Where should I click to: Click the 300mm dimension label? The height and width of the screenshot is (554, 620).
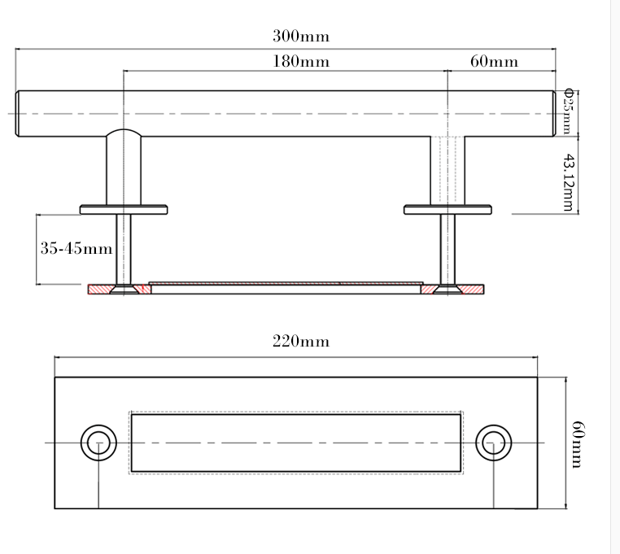coord(301,37)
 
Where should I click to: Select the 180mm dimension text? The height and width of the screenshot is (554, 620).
coord(301,62)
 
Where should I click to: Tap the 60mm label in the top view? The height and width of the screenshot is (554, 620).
coord(494,62)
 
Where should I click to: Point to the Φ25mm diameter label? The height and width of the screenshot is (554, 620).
coord(569,111)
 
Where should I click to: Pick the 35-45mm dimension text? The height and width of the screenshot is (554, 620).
coord(76,249)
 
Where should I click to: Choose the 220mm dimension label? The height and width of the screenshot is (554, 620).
coord(301,342)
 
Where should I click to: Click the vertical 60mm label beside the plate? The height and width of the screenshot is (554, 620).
coord(577,443)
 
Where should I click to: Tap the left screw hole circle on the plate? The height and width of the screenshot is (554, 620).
coord(98,443)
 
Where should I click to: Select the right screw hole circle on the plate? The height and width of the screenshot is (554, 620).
coord(492,443)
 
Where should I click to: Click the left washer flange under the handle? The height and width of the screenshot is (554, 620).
coord(124,209)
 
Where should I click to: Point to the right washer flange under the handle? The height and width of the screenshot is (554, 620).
coord(448,209)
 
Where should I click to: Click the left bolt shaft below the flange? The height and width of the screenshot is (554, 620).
coord(124,248)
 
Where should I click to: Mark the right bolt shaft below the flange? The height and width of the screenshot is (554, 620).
coord(448,248)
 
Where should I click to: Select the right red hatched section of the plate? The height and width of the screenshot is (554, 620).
coord(472,289)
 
